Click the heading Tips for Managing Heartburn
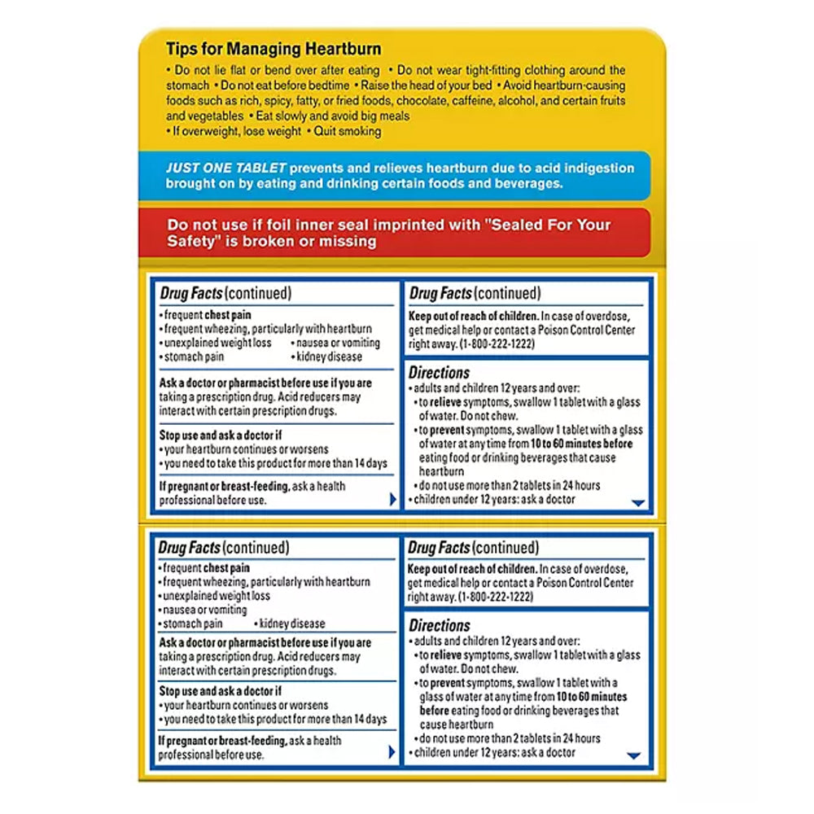(274, 50)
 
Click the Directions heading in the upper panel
(440, 373)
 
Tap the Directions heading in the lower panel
(440, 626)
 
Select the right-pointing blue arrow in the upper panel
(392, 499)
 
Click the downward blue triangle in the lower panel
(634, 756)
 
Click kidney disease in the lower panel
(291, 624)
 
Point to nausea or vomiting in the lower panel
(205, 610)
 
